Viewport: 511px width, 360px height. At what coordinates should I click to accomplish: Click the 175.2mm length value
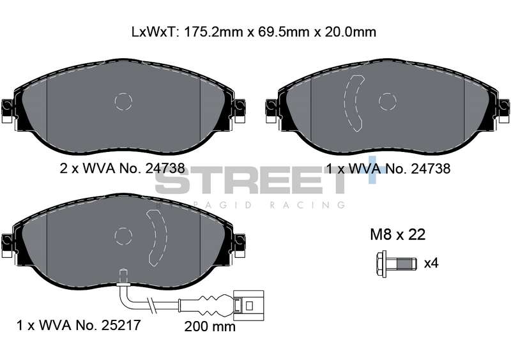click(213, 32)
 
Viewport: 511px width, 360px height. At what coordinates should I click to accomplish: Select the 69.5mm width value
click(283, 32)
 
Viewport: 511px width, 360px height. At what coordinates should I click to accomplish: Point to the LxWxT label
click(155, 32)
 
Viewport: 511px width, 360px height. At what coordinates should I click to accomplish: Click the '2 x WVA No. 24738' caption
click(122, 168)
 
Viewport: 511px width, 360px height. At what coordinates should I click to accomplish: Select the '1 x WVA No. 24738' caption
click(388, 169)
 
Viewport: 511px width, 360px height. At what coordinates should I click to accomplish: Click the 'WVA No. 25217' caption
click(89, 325)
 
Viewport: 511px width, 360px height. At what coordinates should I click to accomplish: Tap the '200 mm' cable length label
click(210, 326)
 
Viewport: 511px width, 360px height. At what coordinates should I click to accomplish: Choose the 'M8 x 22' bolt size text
click(397, 234)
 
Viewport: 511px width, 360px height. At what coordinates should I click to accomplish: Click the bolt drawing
click(396, 264)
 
